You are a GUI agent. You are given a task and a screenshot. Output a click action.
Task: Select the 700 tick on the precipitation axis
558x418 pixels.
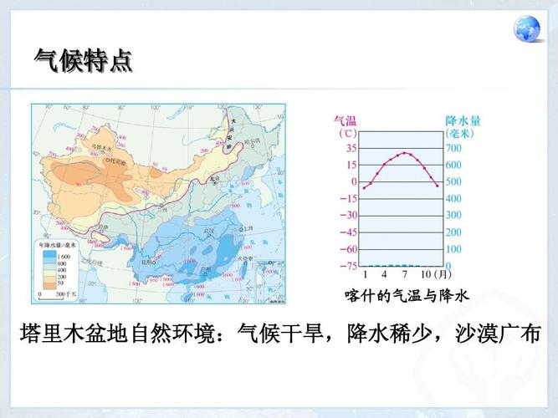453,148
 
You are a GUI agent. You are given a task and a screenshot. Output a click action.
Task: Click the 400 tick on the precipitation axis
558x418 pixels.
453,199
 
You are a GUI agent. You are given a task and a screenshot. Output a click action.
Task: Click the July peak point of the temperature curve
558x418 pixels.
405,153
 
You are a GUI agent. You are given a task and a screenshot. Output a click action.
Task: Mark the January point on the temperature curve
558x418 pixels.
365,187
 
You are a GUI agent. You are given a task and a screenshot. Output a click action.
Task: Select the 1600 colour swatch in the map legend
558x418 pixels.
49,252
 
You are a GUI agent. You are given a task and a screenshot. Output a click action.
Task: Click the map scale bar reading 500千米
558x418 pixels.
54,293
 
